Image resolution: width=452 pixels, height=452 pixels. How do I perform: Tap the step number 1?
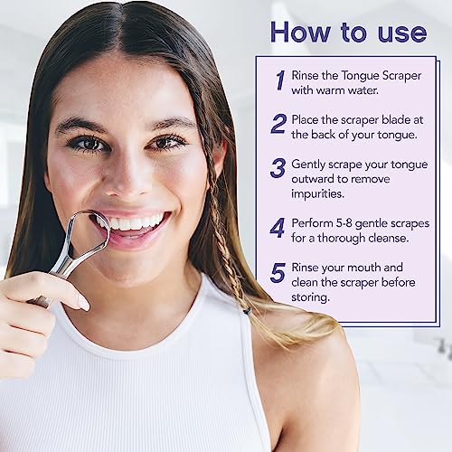(279, 80)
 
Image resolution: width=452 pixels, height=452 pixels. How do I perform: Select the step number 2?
(278, 123)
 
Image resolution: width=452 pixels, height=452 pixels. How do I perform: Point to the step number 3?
(278, 169)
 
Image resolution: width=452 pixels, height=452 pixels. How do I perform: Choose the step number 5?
(278, 272)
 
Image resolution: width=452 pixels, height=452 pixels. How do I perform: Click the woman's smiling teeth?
(136, 221)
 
